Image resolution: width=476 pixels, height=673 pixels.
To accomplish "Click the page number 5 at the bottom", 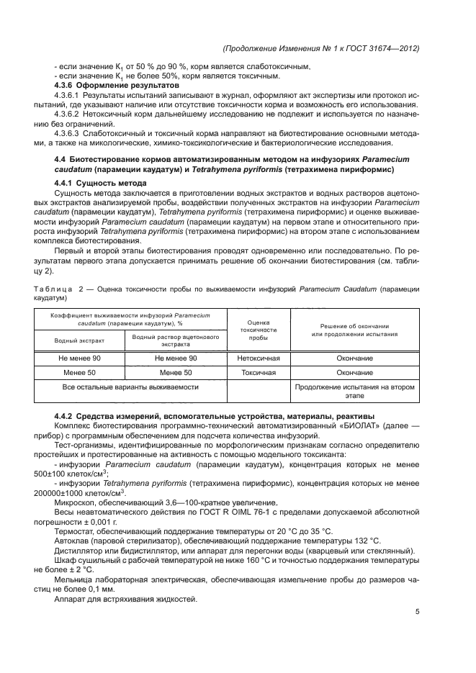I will [418, 612].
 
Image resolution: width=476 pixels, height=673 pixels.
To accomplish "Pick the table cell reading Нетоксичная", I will [259, 358].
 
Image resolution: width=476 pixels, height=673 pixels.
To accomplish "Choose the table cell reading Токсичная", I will [259, 373].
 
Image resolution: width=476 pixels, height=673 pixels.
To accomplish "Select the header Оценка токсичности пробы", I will [259, 330].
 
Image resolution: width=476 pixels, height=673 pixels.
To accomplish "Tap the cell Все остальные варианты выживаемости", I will [130, 387].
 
